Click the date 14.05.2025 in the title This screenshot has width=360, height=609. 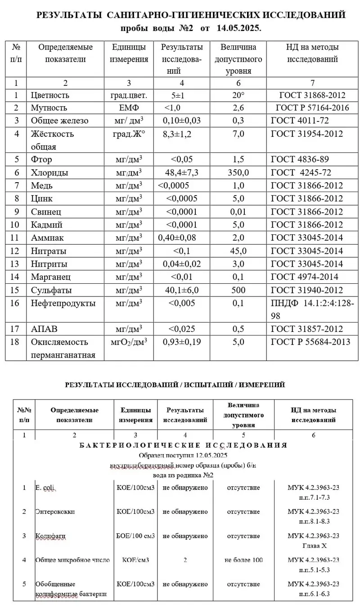point(238,28)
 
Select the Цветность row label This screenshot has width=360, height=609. point(50,95)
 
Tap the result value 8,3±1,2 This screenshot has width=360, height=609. point(178,134)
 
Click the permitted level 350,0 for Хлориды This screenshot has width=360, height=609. point(238,173)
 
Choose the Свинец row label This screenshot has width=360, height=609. point(46,211)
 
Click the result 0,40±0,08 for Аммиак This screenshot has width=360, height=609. point(179,237)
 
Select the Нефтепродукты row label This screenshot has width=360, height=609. point(63,303)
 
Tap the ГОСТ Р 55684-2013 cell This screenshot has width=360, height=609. point(310,342)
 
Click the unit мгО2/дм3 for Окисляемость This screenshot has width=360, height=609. point(129,342)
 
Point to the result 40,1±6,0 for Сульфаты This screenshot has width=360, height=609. point(182,290)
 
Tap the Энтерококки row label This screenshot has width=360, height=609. point(55,511)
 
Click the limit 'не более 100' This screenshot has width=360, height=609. point(243,560)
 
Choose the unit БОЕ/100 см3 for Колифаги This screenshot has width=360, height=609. point(135,536)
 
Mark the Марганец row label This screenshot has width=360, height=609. point(51,277)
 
